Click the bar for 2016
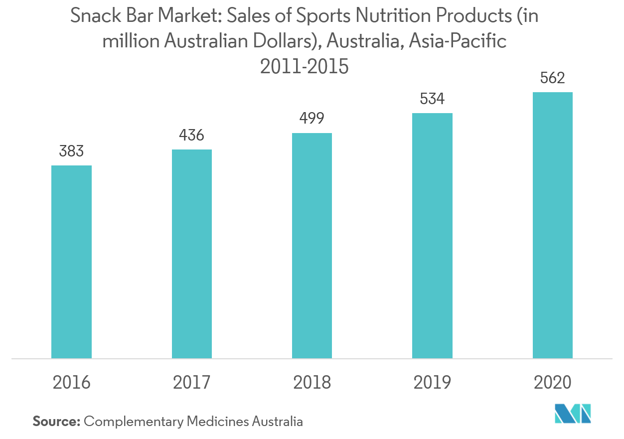point(71,262)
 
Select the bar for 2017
point(192,254)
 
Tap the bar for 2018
point(312,245)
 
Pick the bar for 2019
point(432,235)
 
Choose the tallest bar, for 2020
point(552,225)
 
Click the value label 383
point(71,151)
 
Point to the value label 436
point(192,135)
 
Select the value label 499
point(312,118)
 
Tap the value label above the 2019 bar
point(432,99)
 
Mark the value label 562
point(552,78)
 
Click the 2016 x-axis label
point(72,383)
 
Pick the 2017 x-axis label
point(192,383)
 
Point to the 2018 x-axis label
point(312,383)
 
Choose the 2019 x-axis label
point(432,383)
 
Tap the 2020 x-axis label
point(552,383)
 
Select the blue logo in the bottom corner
point(573,414)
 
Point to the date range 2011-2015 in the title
point(305,66)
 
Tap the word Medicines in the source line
point(217,422)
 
